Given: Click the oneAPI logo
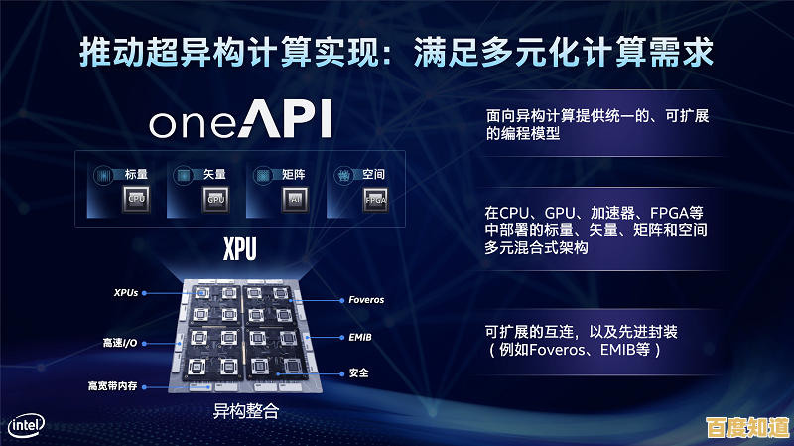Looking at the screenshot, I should point(240,120).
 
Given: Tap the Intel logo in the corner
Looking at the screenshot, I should point(27,425).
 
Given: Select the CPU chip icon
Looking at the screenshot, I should point(138,198).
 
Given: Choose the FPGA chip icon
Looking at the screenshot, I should point(375,198).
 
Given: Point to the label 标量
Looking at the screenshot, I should point(137,174).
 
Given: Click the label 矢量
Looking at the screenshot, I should point(214,174).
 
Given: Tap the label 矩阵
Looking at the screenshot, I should point(294,174).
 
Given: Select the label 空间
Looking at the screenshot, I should point(374,174).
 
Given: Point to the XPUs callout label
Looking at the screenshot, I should point(125,293).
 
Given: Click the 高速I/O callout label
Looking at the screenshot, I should point(121,343).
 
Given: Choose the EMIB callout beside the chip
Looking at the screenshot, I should point(360,338).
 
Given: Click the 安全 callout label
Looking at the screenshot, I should point(359,373).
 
